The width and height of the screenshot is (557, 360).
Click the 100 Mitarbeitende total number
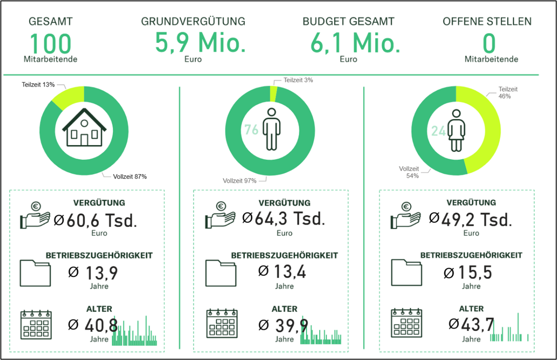pyautogui.click(x=50, y=44)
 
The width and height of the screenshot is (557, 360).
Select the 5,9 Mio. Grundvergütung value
pyautogui.click(x=200, y=43)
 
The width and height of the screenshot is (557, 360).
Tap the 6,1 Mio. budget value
pyautogui.click(x=355, y=43)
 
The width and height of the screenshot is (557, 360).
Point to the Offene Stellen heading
pyautogui.click(x=487, y=21)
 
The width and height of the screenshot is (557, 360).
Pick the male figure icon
pyautogui.click(x=271, y=129)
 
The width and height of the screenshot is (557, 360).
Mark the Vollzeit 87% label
pyautogui.click(x=130, y=177)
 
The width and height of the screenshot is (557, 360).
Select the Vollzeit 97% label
pyautogui.click(x=239, y=180)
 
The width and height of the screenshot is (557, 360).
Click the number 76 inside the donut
pyautogui.click(x=251, y=130)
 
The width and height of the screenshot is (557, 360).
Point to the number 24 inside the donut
pyautogui.click(x=438, y=131)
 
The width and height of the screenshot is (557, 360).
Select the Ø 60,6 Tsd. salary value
pyautogui.click(x=95, y=220)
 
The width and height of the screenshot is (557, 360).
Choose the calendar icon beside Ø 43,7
pyautogui.click(x=406, y=324)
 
